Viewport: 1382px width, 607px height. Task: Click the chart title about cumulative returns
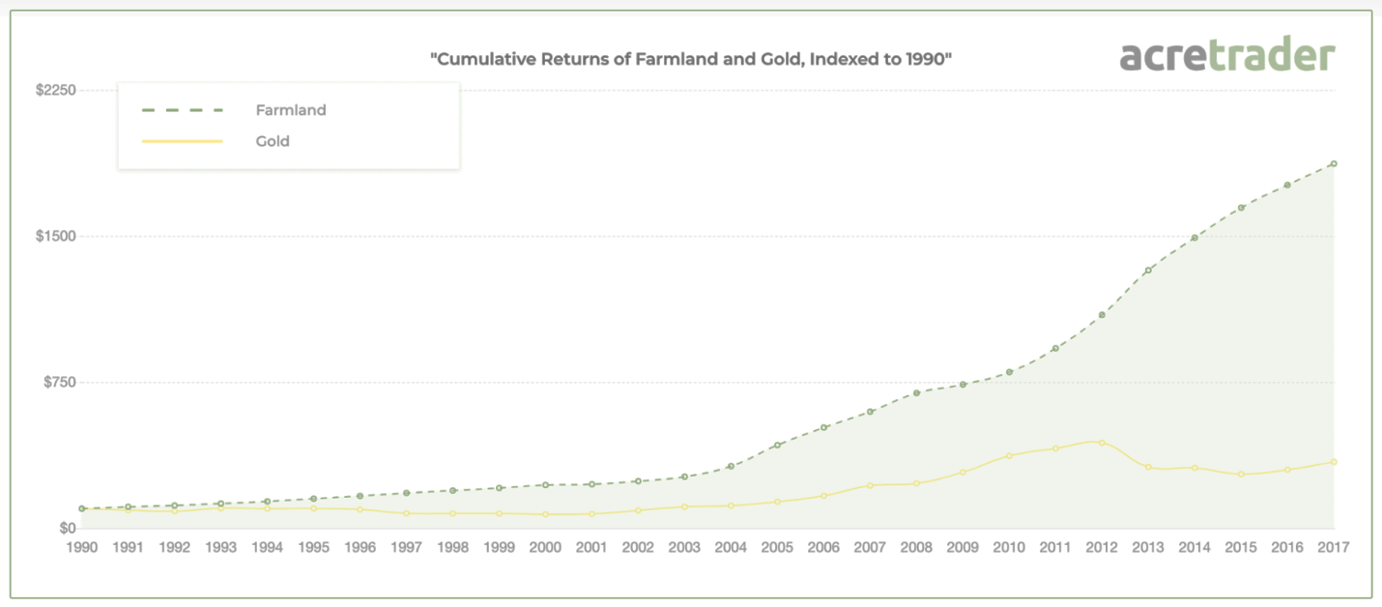pos(691,58)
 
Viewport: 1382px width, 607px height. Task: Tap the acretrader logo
pos(1227,56)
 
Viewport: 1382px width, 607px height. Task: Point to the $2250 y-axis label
pos(56,90)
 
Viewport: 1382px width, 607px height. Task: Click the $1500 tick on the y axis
pos(56,236)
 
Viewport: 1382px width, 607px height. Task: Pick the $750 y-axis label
pos(59,382)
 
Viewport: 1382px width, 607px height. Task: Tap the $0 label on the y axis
pos(66,529)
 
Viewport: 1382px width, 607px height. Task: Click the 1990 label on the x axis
pos(81,547)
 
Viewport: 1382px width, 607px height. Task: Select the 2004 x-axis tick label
pos(731,547)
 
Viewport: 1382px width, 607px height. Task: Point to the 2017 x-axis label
pos(1334,547)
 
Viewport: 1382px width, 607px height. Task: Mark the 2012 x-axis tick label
pos(1102,547)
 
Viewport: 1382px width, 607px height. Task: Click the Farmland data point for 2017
pos(1334,163)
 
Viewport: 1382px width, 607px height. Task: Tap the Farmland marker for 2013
pos(1148,271)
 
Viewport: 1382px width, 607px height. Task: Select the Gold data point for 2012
pos(1102,443)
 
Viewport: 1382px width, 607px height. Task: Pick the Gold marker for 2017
pos(1334,462)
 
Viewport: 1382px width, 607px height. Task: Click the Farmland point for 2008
pos(916,393)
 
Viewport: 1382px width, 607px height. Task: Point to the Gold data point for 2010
pos(1009,455)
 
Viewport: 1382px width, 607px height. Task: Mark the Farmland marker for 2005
pos(777,446)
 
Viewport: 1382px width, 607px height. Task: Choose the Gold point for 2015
pos(1241,475)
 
